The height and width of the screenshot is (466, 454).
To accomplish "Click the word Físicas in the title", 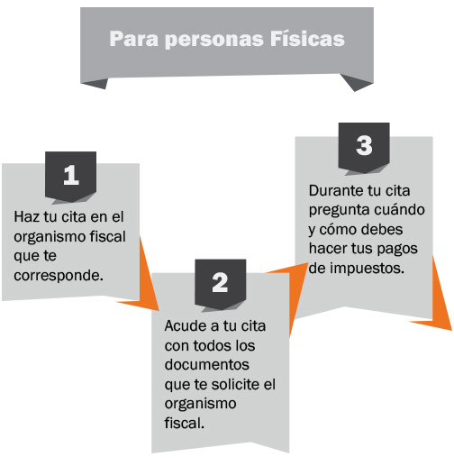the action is (x=307, y=39).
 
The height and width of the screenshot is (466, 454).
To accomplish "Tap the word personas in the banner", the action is (x=214, y=40).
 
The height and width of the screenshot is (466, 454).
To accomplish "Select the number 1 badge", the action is (x=70, y=176).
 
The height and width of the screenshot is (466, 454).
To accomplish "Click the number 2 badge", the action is (x=220, y=283).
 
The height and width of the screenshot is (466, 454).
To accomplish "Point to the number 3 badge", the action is (x=364, y=146).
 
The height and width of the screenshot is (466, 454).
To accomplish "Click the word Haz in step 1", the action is (x=27, y=216).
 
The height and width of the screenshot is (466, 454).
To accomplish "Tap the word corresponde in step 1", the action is (x=59, y=276).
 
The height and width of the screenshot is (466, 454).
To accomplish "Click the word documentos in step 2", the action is (x=207, y=365).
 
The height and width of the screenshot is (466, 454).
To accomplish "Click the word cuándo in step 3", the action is (x=398, y=210).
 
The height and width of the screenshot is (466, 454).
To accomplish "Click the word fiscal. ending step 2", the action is (x=185, y=423).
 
